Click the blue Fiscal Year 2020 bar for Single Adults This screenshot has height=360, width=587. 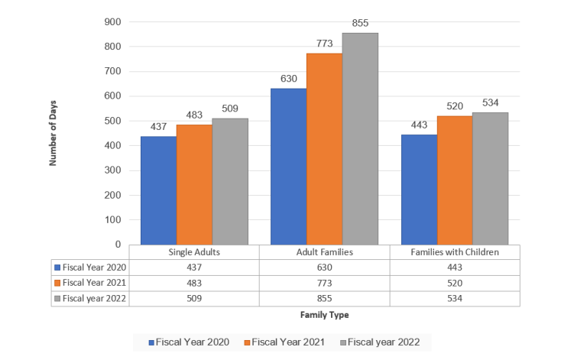tap(158, 190)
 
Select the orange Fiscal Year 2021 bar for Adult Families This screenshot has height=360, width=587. tap(324, 149)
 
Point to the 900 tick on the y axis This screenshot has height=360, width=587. tap(112, 22)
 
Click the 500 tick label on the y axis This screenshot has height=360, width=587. tap(112, 121)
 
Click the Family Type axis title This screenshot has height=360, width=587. tap(324, 315)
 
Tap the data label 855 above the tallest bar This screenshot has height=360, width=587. tap(360, 24)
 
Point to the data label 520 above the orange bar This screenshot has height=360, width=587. tap(455, 107)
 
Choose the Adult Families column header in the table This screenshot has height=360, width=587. tap(324, 252)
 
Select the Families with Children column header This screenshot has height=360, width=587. tap(455, 252)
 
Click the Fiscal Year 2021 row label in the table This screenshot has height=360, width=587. tap(91, 283)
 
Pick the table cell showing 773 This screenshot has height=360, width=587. tap(324, 283)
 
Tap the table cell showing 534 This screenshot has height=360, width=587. tap(455, 298)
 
